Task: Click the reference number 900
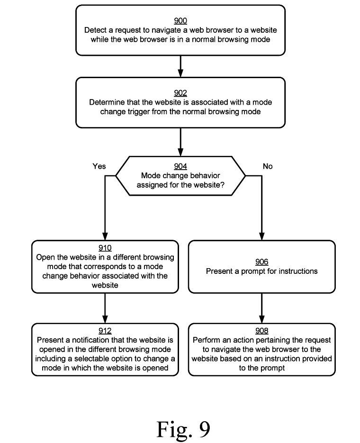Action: [x=180, y=21]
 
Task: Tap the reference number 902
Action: [x=180, y=93]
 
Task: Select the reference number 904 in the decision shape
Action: [x=180, y=166]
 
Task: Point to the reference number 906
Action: [x=262, y=262]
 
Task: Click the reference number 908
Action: [x=262, y=331]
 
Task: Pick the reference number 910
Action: [x=105, y=248]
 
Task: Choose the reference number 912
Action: [x=105, y=331]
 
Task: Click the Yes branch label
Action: [x=99, y=166]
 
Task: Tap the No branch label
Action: [x=268, y=166]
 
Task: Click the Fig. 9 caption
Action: [x=183, y=429]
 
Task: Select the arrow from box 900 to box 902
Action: [x=180, y=66]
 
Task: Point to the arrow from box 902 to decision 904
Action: [x=180, y=142]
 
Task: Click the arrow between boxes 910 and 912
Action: [x=105, y=308]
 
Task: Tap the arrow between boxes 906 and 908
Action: [x=262, y=308]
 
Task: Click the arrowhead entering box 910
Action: [x=105, y=236]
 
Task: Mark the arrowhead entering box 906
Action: [x=262, y=236]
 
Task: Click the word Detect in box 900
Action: [x=95, y=30]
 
